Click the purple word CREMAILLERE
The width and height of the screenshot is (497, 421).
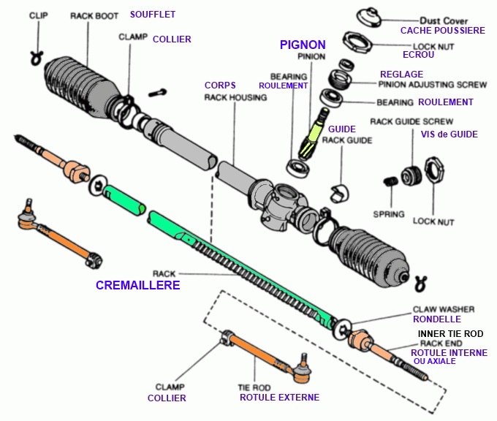[138, 285]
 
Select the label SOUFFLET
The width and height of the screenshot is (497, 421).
[153, 15]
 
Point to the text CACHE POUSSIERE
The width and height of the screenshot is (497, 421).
[442, 31]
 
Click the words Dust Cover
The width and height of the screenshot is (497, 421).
[444, 20]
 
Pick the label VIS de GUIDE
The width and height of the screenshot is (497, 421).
[449, 134]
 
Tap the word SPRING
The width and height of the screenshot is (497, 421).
[388, 214]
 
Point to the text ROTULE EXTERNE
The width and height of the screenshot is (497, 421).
[279, 398]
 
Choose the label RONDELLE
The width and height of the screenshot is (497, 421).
[436, 319]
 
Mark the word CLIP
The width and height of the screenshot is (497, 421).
[39, 15]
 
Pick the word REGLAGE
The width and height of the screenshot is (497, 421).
[401, 75]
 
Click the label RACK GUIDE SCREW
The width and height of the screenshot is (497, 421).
[411, 121]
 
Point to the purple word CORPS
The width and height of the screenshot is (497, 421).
[220, 86]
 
